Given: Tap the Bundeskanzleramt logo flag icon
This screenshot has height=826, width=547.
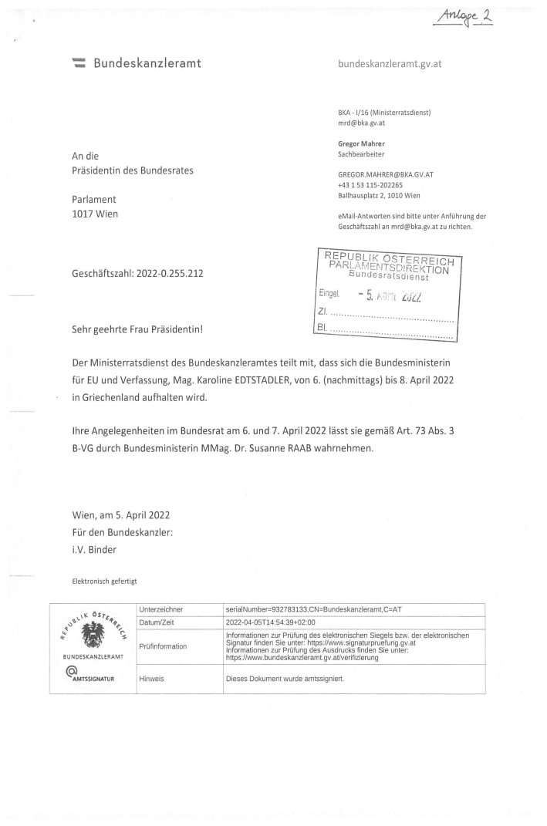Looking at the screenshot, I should [78, 62].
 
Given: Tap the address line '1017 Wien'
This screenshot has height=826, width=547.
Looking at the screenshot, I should [95, 213].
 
